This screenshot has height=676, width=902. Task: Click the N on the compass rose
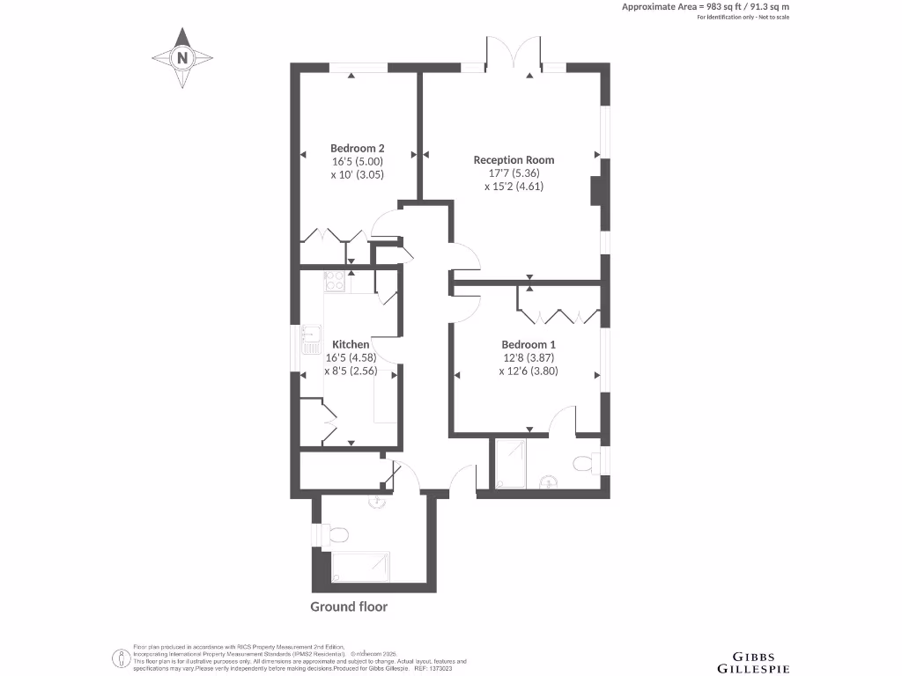[183, 59]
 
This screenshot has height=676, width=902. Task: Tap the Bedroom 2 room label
[357, 148]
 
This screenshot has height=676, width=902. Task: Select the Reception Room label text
[514, 159]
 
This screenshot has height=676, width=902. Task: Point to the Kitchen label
[350, 344]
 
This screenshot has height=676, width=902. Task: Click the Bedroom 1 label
[529, 344]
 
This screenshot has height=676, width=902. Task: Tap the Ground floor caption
[349, 606]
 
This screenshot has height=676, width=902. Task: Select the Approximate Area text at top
[705, 7]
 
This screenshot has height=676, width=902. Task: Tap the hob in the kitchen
[334, 282]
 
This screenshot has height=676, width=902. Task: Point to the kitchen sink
[309, 340]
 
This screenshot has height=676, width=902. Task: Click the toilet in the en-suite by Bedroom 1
[584, 463]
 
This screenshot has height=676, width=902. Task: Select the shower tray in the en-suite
[511, 464]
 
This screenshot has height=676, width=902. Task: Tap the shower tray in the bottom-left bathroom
[361, 568]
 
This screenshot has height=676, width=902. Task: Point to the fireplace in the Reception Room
[597, 191]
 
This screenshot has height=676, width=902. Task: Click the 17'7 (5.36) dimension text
[514, 173]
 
